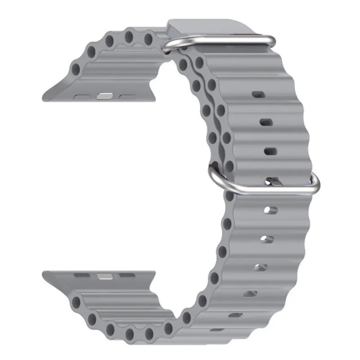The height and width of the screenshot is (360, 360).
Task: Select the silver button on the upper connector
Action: click(103, 95)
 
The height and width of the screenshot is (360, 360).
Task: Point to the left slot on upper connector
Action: click(82, 96)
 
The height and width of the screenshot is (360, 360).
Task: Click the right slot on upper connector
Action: click(127, 96)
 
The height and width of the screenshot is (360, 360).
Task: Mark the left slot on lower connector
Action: click(82, 274)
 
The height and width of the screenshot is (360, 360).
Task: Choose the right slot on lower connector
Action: click(127, 274)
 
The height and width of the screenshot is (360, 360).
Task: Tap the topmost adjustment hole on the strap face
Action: click(258, 95)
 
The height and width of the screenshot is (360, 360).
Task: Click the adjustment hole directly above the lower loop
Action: click(270, 151)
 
